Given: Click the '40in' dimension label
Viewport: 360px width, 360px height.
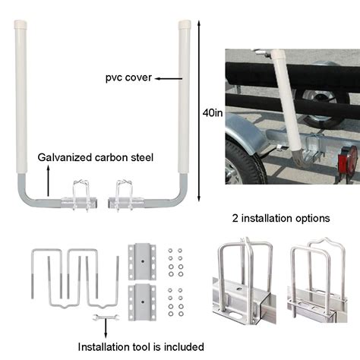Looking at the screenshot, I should click(213, 113).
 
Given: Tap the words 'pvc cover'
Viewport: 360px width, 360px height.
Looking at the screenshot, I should click(129, 77).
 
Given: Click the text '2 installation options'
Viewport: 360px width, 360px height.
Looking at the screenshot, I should click(280, 218).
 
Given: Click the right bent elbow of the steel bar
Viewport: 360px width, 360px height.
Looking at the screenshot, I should click(181, 200).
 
